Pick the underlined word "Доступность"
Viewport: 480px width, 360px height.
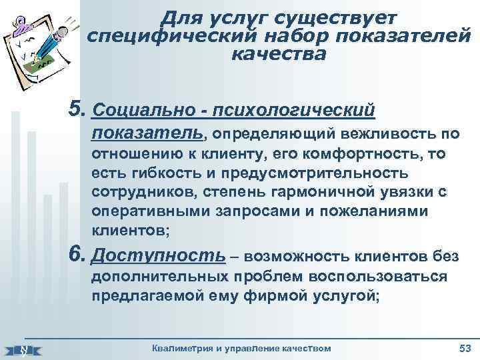158,255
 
